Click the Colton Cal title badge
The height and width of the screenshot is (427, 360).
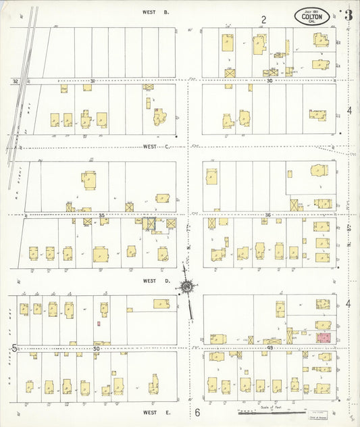click(311, 17)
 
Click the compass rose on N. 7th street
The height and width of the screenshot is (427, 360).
click(185, 287)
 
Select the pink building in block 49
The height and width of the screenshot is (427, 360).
click(323, 336)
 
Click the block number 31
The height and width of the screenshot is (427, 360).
click(93, 81)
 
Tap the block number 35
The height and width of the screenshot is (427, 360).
click(101, 216)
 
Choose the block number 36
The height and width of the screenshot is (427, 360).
click(268, 216)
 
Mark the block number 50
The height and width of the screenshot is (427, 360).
click(97, 347)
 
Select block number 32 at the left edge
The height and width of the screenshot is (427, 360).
click(14, 81)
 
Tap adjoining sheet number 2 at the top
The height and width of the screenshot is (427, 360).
click(265, 20)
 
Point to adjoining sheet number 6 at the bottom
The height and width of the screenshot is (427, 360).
click(198, 412)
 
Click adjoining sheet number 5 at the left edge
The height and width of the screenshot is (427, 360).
click(14, 347)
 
